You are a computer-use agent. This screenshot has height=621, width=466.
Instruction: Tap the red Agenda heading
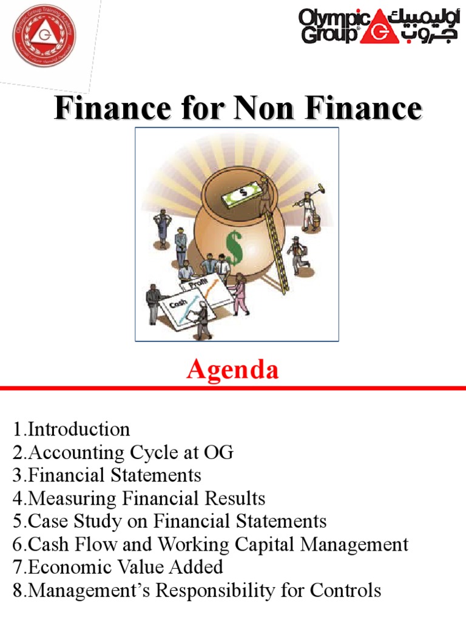pos(232,369)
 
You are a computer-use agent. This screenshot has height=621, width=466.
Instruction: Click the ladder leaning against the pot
pos(275,249)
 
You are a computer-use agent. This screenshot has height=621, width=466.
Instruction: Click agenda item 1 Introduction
pos(71,429)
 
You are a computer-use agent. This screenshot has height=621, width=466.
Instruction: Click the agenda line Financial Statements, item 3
pos(107,475)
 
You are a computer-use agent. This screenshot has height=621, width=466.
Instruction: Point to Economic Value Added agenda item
pos(118,567)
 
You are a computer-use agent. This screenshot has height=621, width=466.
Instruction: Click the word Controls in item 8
pos(347,590)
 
